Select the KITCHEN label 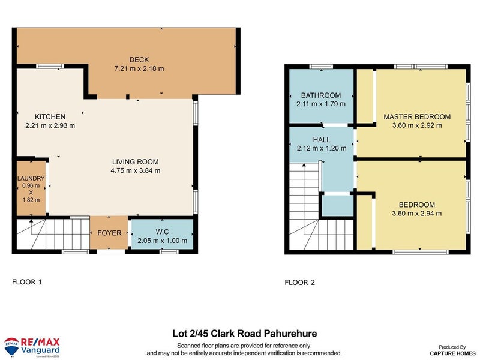(50, 116)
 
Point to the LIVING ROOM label (136, 161)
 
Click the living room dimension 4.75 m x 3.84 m (136, 170)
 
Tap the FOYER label (109, 233)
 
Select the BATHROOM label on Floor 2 (321, 95)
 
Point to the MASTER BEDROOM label (416, 116)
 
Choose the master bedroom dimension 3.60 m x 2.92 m (416, 125)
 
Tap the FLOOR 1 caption (28, 281)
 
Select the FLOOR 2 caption (299, 282)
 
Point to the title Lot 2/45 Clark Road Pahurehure (244, 334)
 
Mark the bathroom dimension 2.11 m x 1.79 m (321, 104)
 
